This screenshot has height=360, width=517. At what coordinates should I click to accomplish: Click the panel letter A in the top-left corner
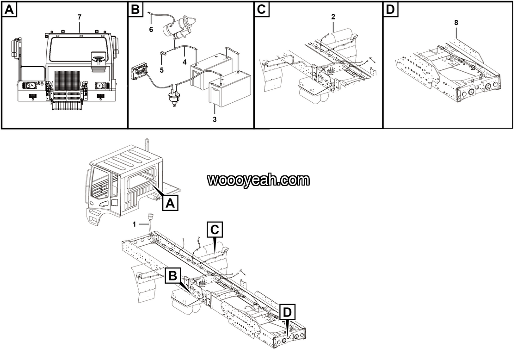(10, 10)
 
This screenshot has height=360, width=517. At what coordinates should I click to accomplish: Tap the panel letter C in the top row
(262, 10)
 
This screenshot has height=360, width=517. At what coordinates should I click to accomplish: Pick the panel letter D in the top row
(392, 10)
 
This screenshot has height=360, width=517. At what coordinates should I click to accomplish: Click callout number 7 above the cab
(80, 17)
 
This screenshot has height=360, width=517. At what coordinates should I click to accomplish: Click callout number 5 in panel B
(161, 70)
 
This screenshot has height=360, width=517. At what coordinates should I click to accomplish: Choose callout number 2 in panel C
(333, 17)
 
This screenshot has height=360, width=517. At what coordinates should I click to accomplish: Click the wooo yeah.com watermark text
(258, 180)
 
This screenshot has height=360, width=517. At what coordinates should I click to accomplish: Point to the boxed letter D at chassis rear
(287, 312)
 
